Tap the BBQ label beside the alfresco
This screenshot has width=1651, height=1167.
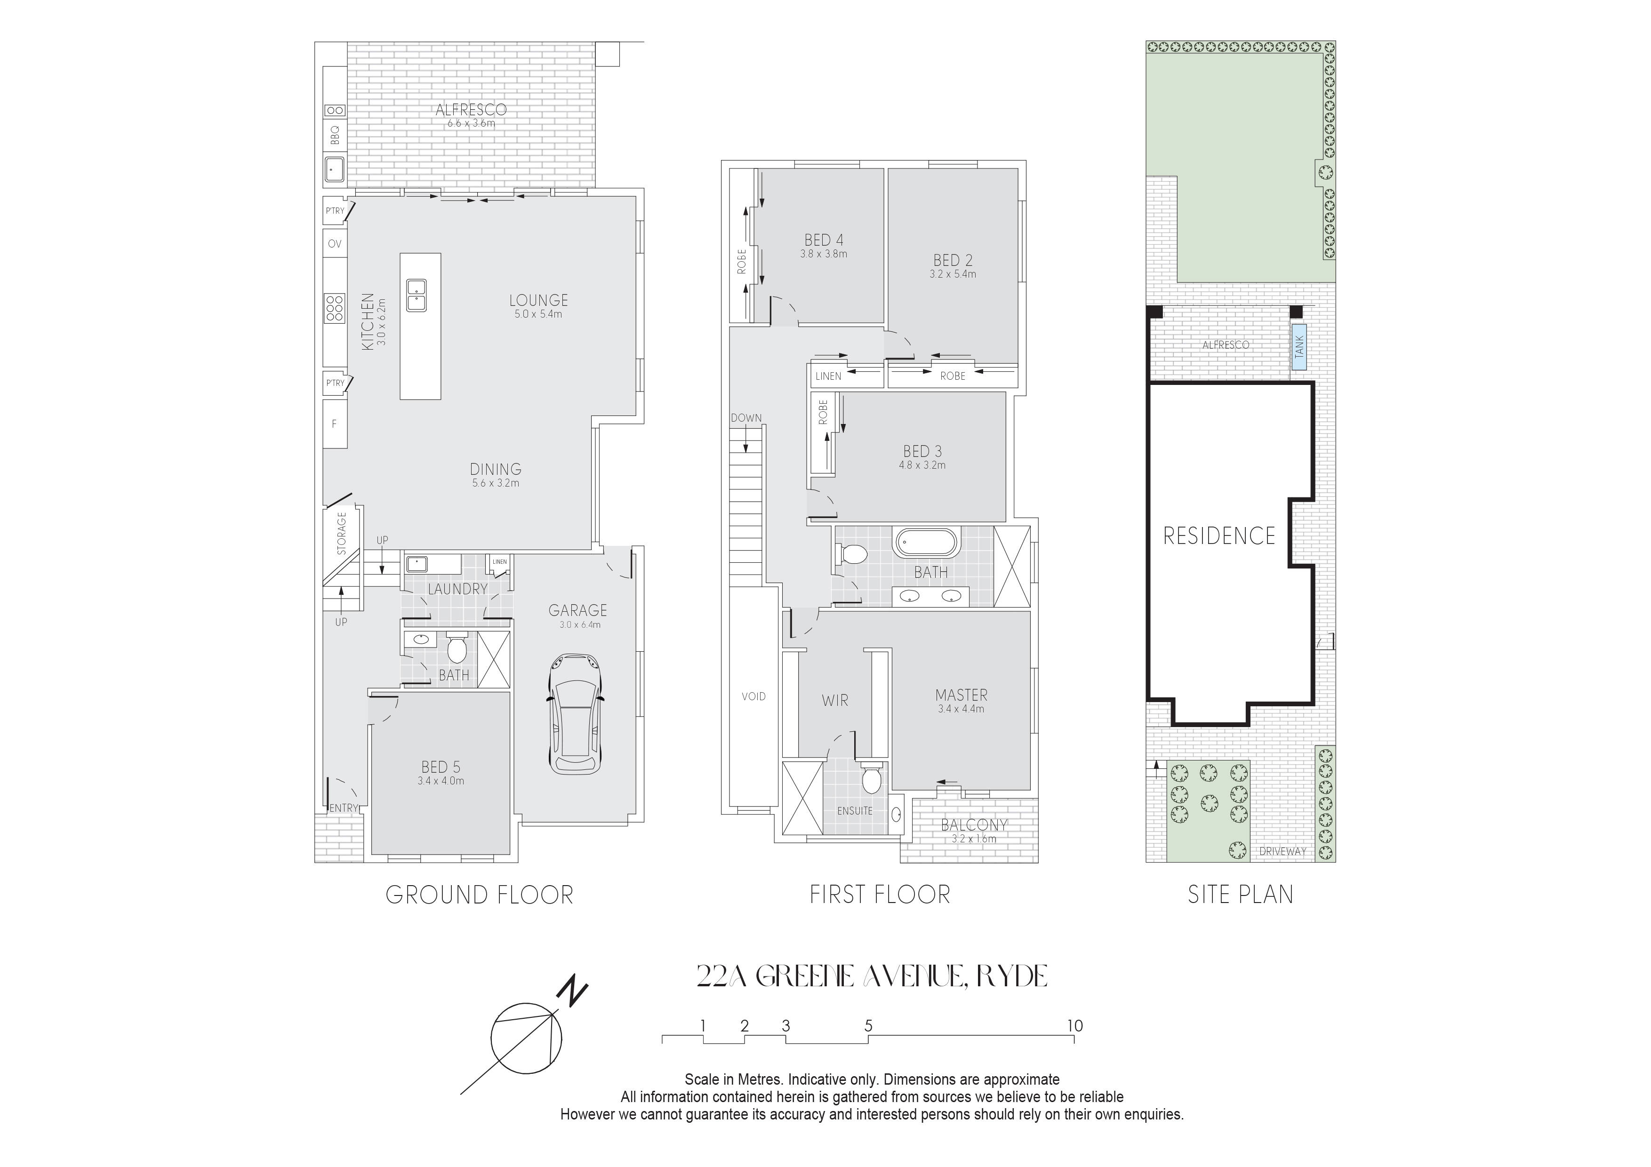pyautogui.click(x=334, y=135)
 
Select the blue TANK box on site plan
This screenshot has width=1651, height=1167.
pyautogui.click(x=1298, y=347)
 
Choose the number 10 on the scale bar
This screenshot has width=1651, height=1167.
pyautogui.click(x=1074, y=1026)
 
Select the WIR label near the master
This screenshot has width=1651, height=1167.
pyautogui.click(x=835, y=700)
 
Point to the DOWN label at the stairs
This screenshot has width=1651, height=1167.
pyautogui.click(x=746, y=418)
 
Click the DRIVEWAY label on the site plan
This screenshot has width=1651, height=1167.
pyautogui.click(x=1283, y=851)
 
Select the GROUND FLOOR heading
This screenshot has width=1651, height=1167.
pyautogui.click(x=480, y=895)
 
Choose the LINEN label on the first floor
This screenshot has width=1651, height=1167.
pyautogui.click(x=828, y=376)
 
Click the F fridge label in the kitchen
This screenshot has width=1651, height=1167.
pyautogui.click(x=334, y=424)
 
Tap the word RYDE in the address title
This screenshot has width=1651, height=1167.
pyautogui.click(x=1010, y=976)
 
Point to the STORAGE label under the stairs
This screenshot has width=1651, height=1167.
pyautogui.click(x=342, y=533)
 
